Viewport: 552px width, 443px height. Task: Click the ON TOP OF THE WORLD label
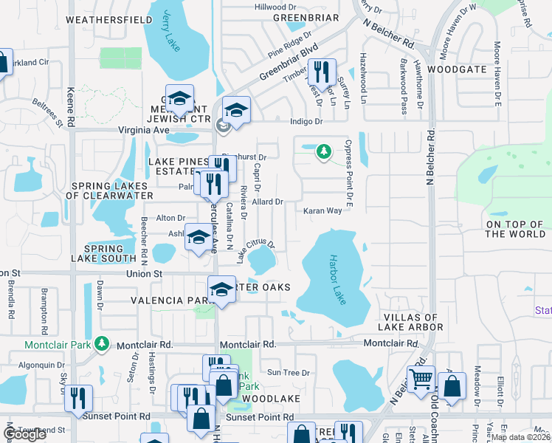[x=515, y=229]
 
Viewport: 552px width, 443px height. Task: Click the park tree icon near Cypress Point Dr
[x=322, y=152]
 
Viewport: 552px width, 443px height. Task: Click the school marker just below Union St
[x=221, y=289]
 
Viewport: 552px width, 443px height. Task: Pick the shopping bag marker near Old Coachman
[x=452, y=385]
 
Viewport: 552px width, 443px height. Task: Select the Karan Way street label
[x=323, y=210]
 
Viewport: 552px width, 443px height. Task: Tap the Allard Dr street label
[x=268, y=202]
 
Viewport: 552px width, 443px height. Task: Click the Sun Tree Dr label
[x=288, y=373]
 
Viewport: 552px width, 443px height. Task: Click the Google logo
[x=24, y=434]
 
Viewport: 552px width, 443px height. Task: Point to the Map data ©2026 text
[x=520, y=437]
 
